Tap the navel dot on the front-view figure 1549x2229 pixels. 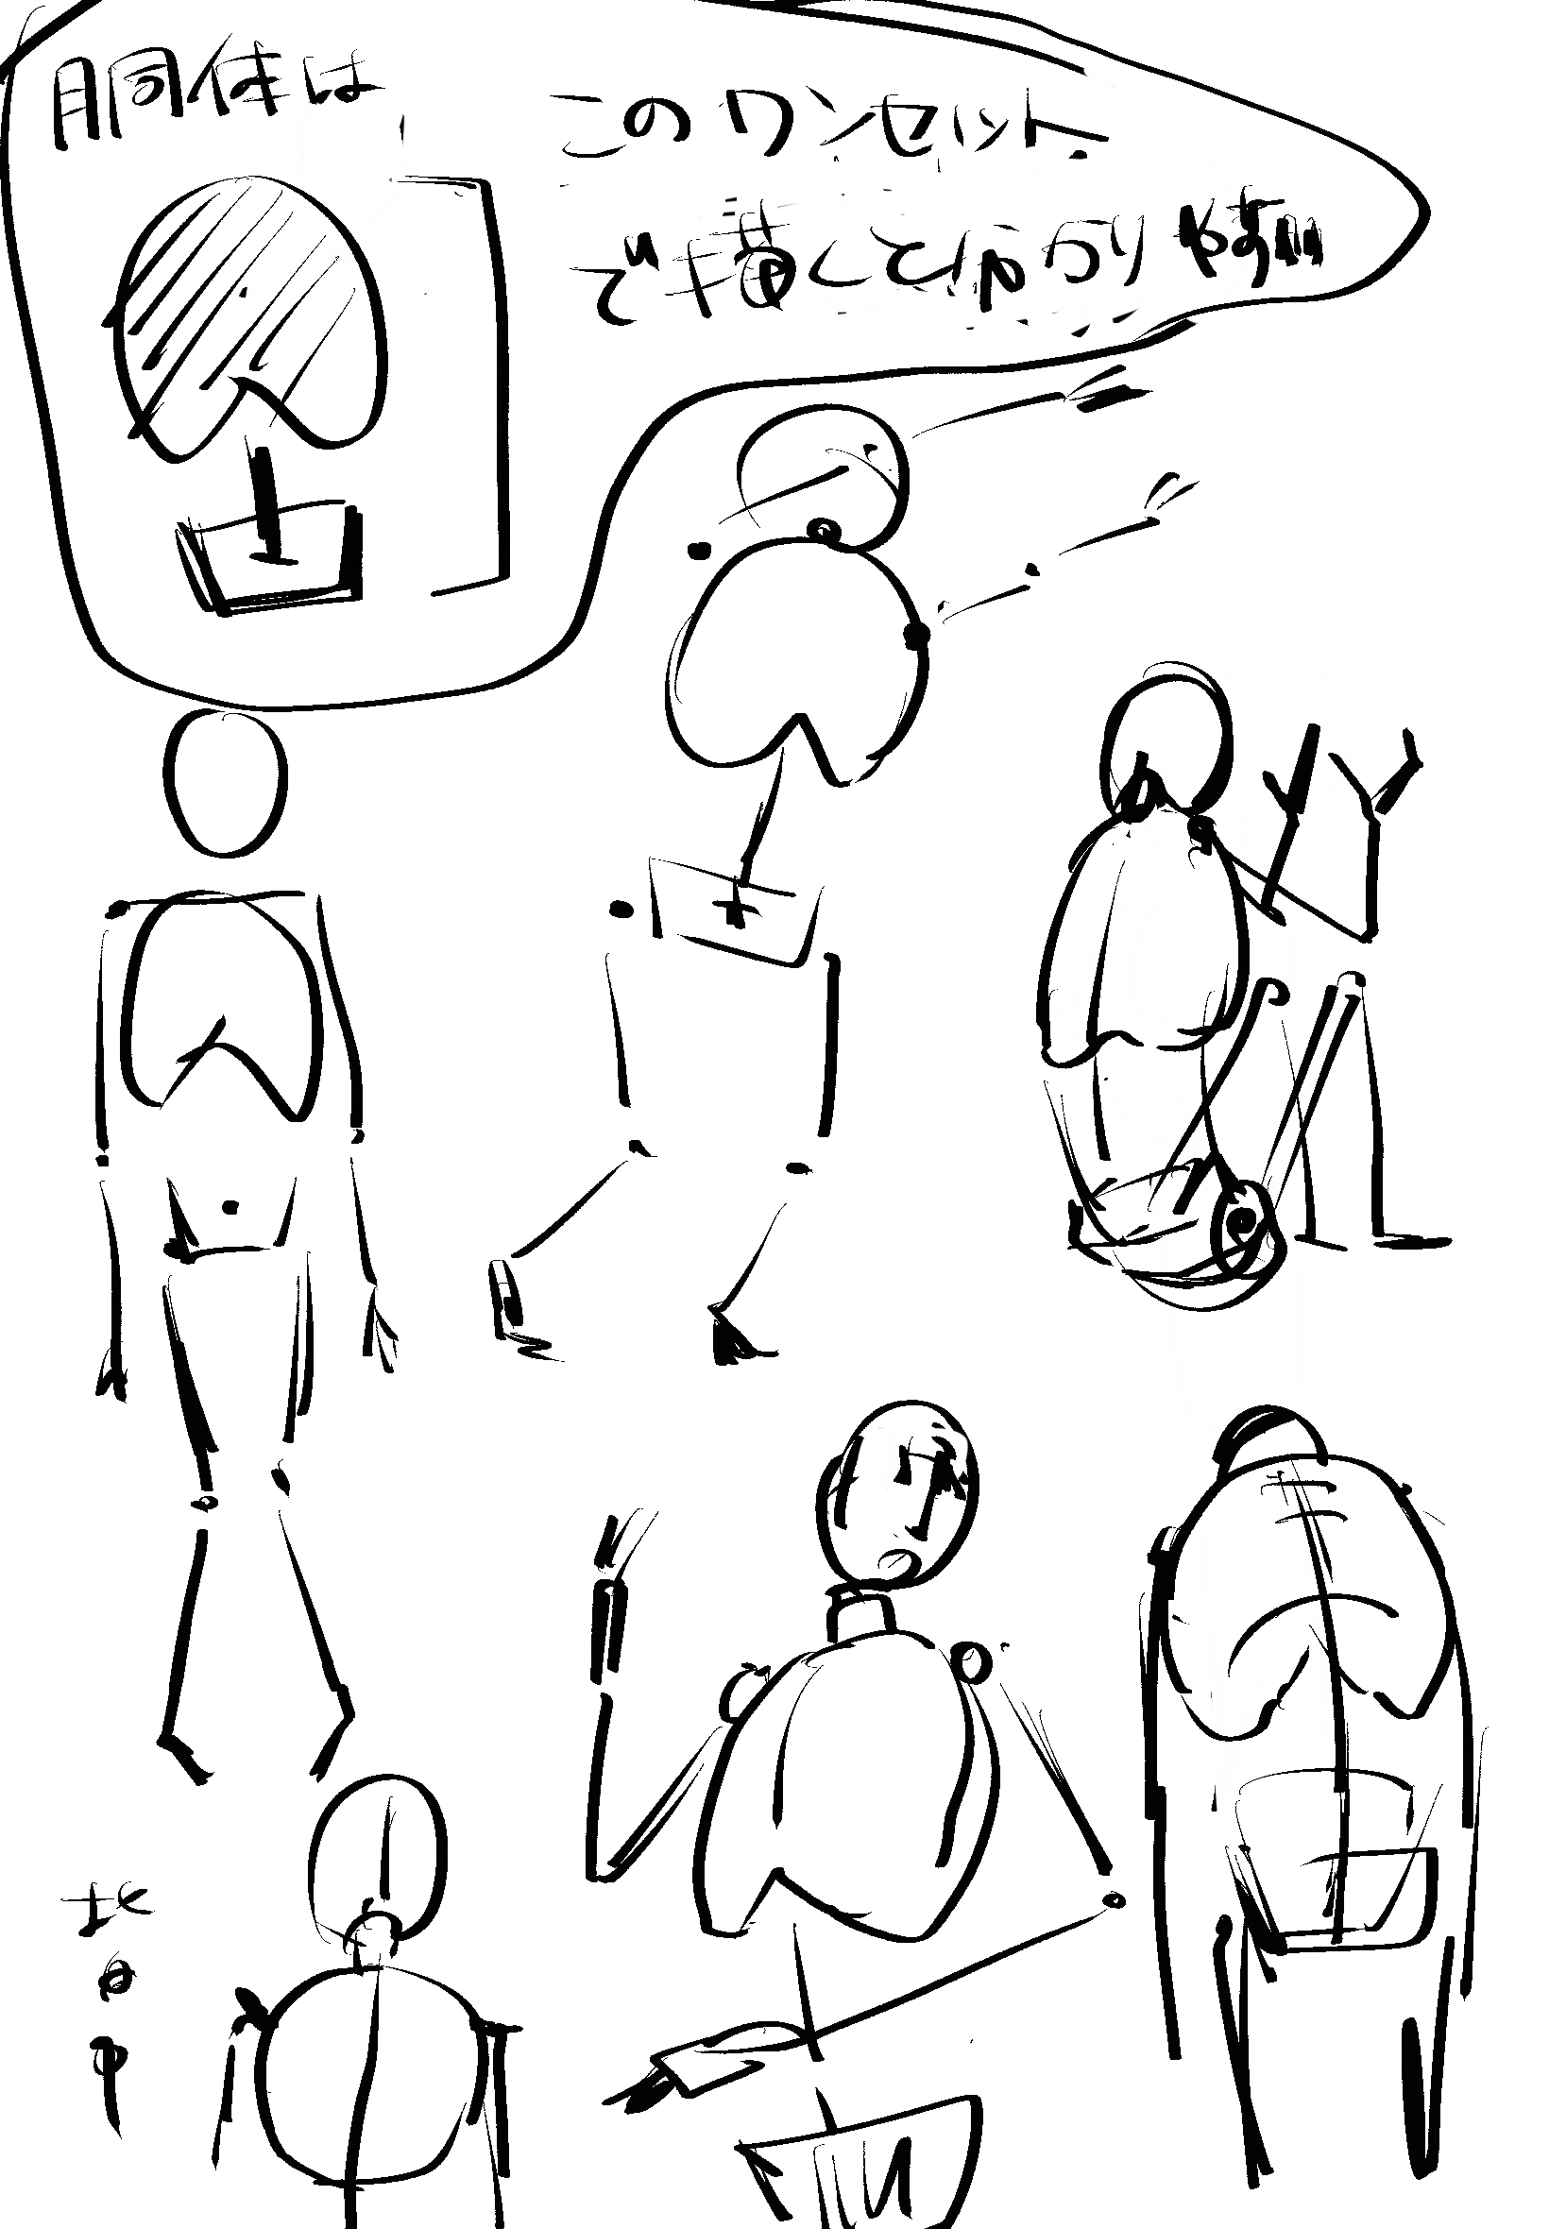(x=231, y=1207)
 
